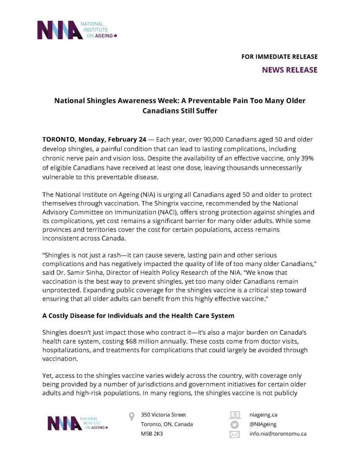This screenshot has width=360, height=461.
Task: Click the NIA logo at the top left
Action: pyautogui.click(x=77, y=29)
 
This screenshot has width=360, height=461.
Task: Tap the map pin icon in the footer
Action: pyautogui.click(x=132, y=416)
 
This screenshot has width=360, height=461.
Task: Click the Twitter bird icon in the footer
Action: pyautogui.click(x=234, y=425)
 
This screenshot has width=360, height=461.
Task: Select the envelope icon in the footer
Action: pyautogui.click(x=234, y=434)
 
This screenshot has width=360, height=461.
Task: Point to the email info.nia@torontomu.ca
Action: pyautogui.click(x=278, y=434)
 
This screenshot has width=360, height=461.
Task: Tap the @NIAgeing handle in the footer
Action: pyautogui.click(x=263, y=424)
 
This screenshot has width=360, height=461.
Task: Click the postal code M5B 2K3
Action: pyautogui.click(x=152, y=434)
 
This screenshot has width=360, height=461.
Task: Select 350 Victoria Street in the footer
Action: pyautogui.click(x=163, y=415)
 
